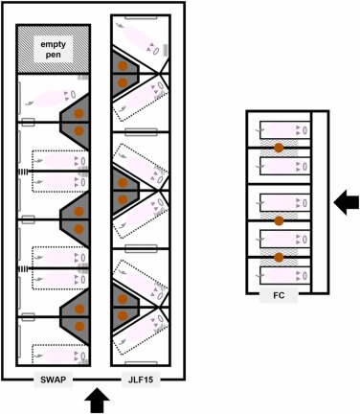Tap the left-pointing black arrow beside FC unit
346,201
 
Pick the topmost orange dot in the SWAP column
79,112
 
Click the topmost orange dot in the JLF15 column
123,64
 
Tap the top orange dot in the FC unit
279,149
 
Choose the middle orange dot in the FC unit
279,220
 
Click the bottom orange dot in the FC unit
279,257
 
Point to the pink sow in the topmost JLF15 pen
144,45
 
